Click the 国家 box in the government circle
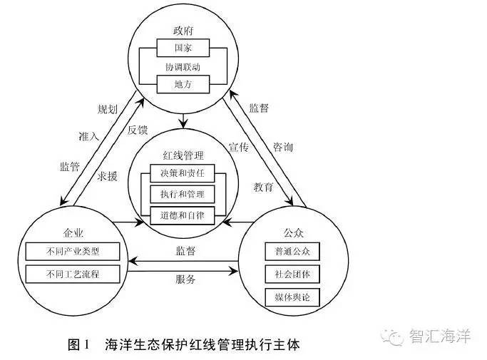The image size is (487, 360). pyautogui.click(x=183, y=48)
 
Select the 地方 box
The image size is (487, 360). pyautogui.click(x=183, y=84)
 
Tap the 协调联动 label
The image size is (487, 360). pyautogui.click(x=183, y=66)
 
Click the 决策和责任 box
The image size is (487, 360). pyautogui.click(x=183, y=173)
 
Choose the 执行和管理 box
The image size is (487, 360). pyautogui.click(x=183, y=193)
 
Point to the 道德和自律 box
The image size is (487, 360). pyautogui.click(x=183, y=214)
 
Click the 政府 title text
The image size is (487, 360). pyautogui.click(x=183, y=31)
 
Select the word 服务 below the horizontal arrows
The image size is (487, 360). pyautogui.click(x=185, y=280)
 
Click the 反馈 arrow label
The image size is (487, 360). pyautogui.click(x=138, y=130)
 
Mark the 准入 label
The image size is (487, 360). pyautogui.click(x=89, y=135)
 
